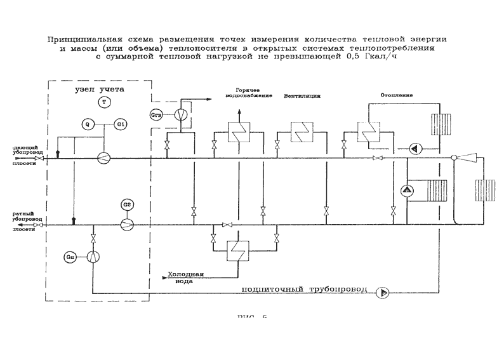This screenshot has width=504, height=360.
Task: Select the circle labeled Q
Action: pyautogui.click(x=87, y=124)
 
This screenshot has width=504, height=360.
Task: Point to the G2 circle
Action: pyautogui.click(x=127, y=204)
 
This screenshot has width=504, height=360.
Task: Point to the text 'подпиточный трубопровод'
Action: pyautogui.click(x=305, y=290)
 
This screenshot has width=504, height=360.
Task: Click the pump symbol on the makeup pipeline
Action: pyautogui.click(x=383, y=293)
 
